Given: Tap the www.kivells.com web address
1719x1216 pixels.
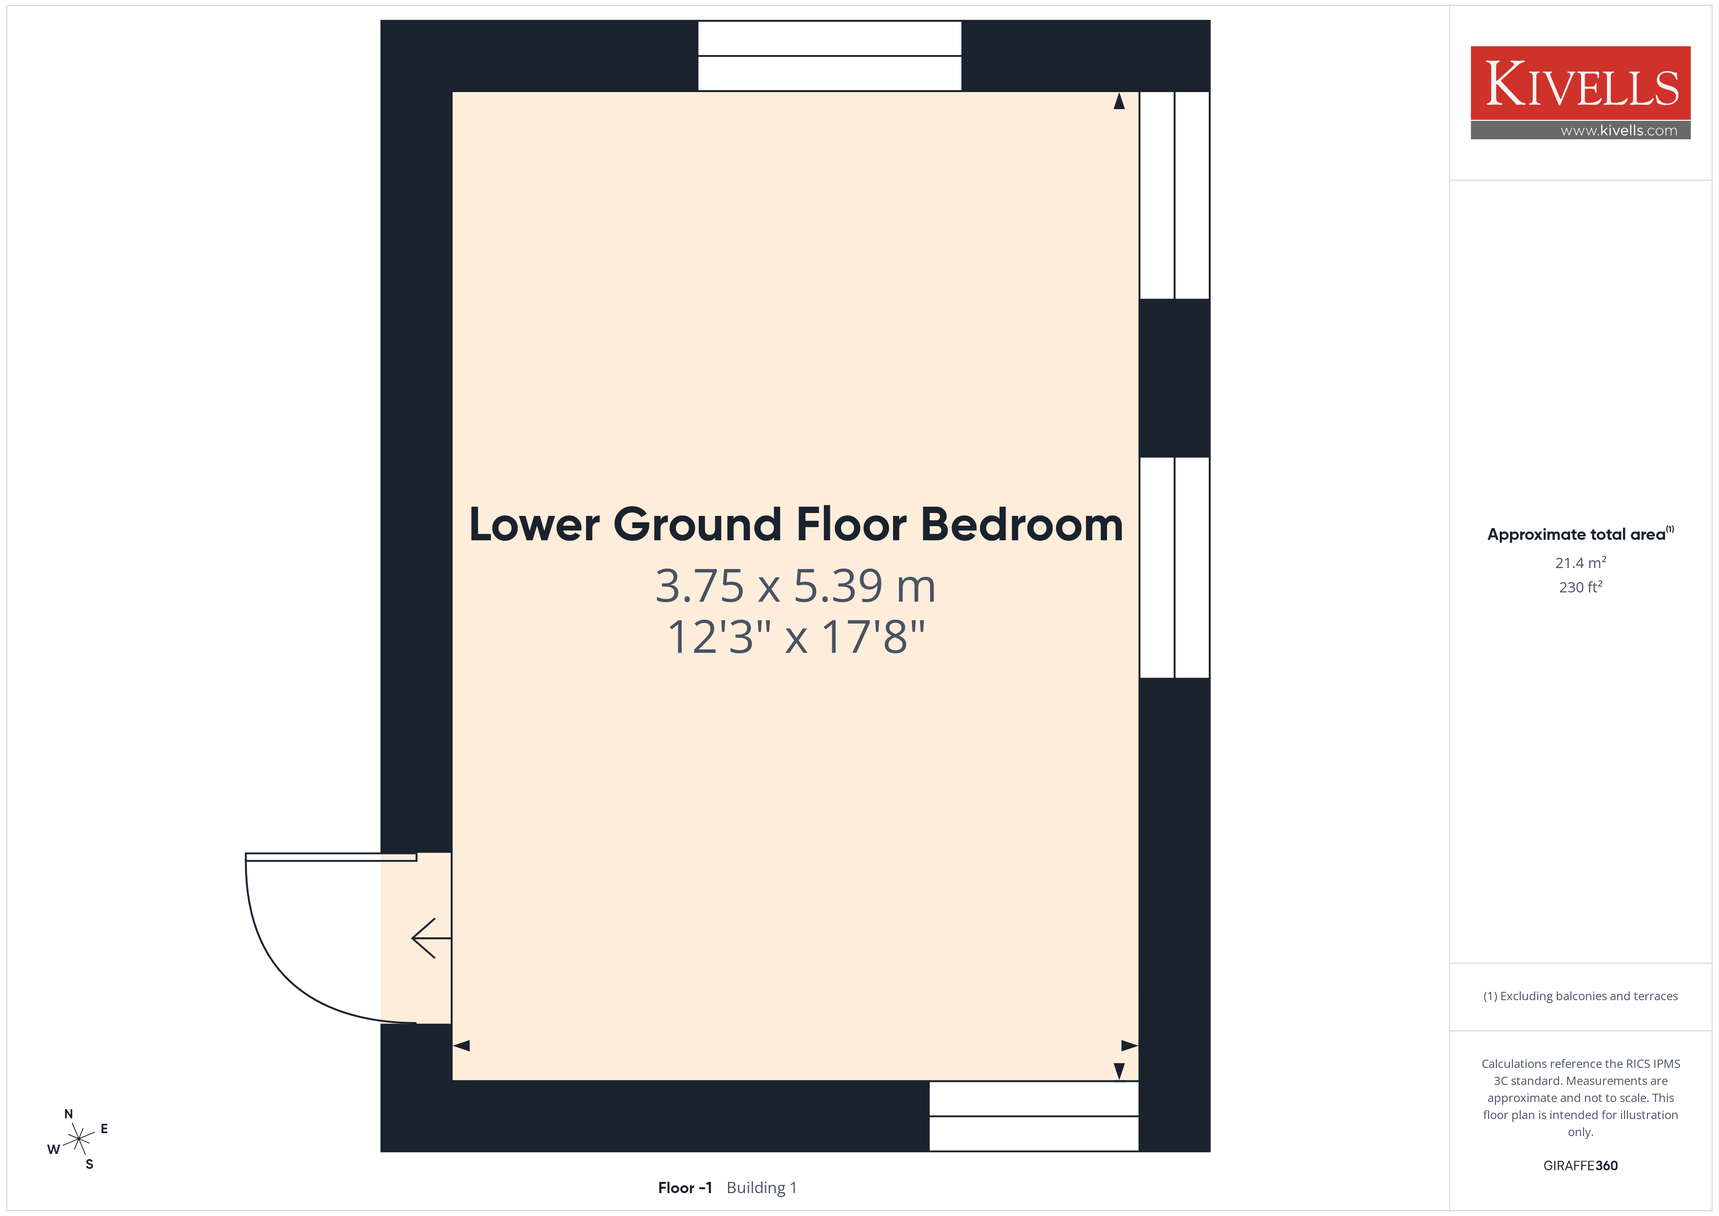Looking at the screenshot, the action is (1619, 130).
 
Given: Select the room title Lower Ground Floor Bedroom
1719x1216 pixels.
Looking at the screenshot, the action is (796, 524).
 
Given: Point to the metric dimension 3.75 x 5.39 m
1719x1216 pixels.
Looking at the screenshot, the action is (796, 586).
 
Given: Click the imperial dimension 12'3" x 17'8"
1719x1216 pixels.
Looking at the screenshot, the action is (796, 637).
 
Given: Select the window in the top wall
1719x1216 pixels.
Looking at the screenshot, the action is (830, 56).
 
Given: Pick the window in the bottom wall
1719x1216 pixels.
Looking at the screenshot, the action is (1034, 1116).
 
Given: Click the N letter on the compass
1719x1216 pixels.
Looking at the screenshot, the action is (69, 1114).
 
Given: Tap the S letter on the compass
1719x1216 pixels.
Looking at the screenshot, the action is (90, 1164).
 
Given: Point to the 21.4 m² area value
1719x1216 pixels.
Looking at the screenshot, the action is (1581, 562).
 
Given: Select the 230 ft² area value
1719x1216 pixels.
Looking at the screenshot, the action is (1581, 587).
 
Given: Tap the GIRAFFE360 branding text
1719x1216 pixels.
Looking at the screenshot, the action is (1581, 1166).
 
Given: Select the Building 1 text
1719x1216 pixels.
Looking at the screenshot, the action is (762, 1188).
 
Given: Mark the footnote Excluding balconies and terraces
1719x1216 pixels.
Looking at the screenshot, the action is (1581, 996).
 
